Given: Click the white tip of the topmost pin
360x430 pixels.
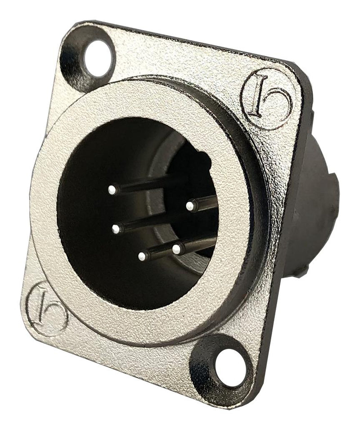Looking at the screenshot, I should point(112,190).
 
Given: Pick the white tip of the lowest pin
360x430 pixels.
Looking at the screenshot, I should point(142,257).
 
